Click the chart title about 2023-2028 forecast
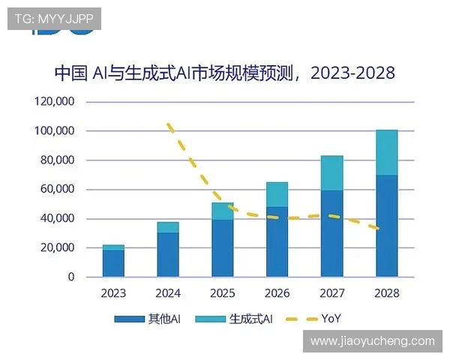225,73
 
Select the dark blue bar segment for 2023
114,263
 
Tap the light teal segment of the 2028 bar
386,153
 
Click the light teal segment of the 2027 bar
331,173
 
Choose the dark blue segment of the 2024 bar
168,254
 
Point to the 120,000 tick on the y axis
55,102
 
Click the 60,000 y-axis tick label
58,190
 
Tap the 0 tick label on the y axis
70,277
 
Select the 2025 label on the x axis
223,293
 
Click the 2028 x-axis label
386,293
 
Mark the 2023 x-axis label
114,293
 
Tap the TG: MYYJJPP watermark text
54,19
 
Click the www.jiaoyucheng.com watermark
372,341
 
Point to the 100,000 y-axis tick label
55,131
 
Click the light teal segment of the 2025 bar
223,211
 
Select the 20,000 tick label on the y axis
58,247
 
